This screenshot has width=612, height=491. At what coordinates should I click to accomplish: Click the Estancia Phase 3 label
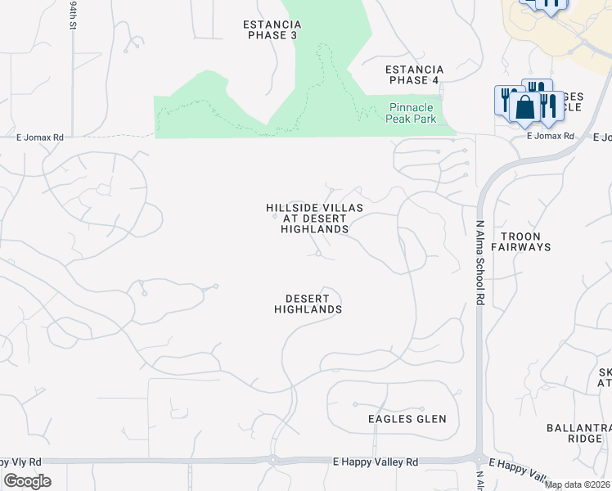(272, 30)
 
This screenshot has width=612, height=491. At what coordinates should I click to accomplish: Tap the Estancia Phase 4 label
(415, 74)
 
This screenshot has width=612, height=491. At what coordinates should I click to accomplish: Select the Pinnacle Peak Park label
(416, 112)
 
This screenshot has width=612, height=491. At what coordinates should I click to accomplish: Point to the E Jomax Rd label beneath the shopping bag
(551, 136)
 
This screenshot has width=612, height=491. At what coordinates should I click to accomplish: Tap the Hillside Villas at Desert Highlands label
(314, 218)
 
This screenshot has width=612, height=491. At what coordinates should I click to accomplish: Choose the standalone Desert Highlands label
(308, 304)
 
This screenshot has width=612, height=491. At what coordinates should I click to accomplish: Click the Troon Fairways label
(526, 241)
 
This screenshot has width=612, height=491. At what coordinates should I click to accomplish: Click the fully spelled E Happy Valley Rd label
(376, 462)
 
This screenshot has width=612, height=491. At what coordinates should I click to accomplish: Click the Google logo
(27, 481)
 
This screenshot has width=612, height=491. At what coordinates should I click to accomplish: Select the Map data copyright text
(578, 484)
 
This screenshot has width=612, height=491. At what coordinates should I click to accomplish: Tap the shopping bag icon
(525, 107)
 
